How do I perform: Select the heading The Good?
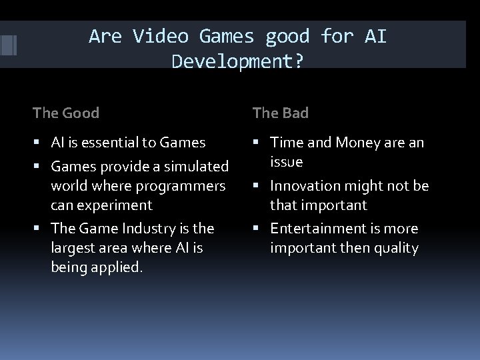(66, 113)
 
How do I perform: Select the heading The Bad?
(281, 113)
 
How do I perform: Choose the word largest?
(75, 248)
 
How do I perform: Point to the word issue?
(286, 162)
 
